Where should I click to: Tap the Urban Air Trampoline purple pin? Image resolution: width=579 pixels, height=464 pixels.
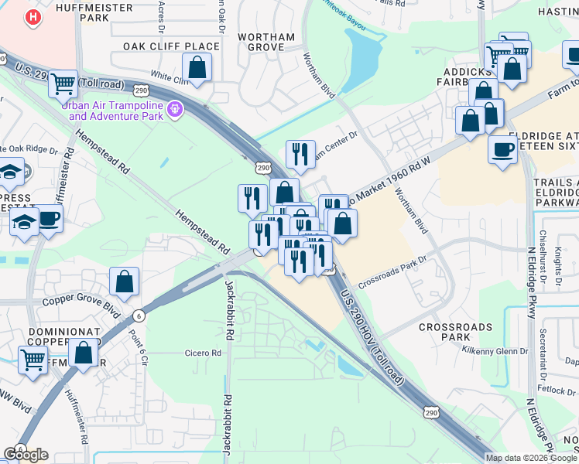176,110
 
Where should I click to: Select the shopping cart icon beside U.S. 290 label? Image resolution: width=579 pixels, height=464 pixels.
62,84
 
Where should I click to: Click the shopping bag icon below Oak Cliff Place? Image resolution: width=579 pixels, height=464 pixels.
197,67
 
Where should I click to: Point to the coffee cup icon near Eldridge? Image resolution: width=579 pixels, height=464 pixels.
503,148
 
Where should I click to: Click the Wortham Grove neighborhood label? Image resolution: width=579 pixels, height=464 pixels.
267,42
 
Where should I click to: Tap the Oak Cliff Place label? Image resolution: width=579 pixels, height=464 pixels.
171,46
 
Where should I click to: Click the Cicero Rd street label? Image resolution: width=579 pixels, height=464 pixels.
203,353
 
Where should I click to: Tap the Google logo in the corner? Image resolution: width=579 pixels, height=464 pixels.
26,455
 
